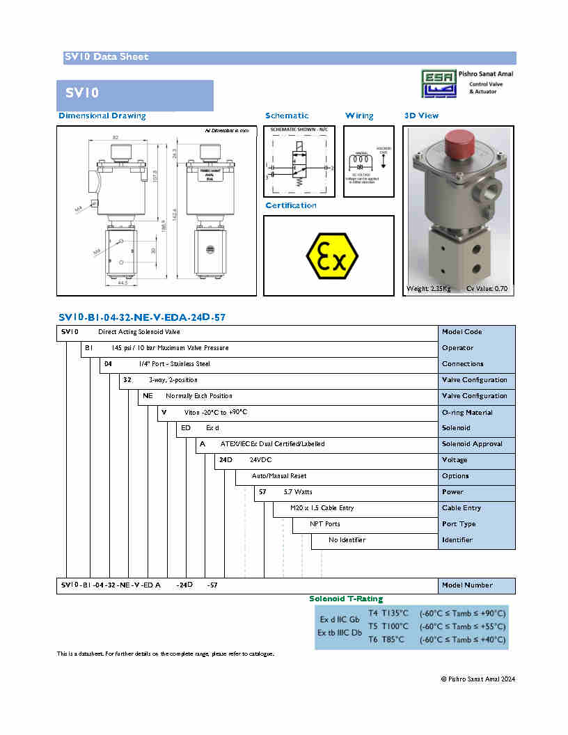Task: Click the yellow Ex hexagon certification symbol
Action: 332,256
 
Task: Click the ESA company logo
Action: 440,84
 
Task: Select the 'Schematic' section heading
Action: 287,116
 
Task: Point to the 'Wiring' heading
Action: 359,116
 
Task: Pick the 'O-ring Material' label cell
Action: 467,412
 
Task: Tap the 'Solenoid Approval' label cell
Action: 472,444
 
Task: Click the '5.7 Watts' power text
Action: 298,492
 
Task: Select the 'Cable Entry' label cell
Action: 461,508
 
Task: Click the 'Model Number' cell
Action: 467,585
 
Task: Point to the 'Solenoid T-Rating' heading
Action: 346,599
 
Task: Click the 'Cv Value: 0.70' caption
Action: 487,288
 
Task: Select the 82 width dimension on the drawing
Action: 116,136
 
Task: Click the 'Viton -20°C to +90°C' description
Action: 216,412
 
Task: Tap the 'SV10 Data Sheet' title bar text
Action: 106,57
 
